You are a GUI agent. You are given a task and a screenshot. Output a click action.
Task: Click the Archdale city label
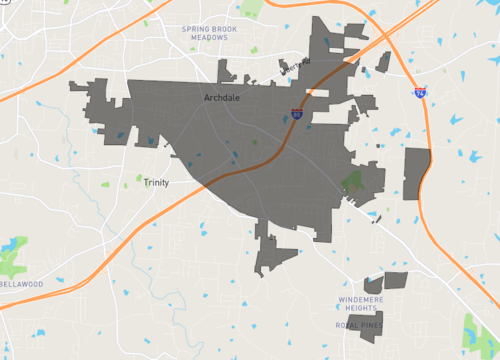tap(221, 98)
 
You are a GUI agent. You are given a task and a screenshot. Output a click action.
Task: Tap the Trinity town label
tap(156, 183)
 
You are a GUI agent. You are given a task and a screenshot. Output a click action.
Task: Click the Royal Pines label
tap(357, 325)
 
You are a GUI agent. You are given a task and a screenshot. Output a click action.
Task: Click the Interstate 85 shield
tap(297, 115)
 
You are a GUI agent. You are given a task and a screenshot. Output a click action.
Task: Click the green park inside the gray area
tap(352, 182)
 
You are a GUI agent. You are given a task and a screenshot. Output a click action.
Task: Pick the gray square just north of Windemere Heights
tap(396, 282)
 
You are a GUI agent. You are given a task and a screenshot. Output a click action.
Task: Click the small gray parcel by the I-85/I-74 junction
tap(383, 62)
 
